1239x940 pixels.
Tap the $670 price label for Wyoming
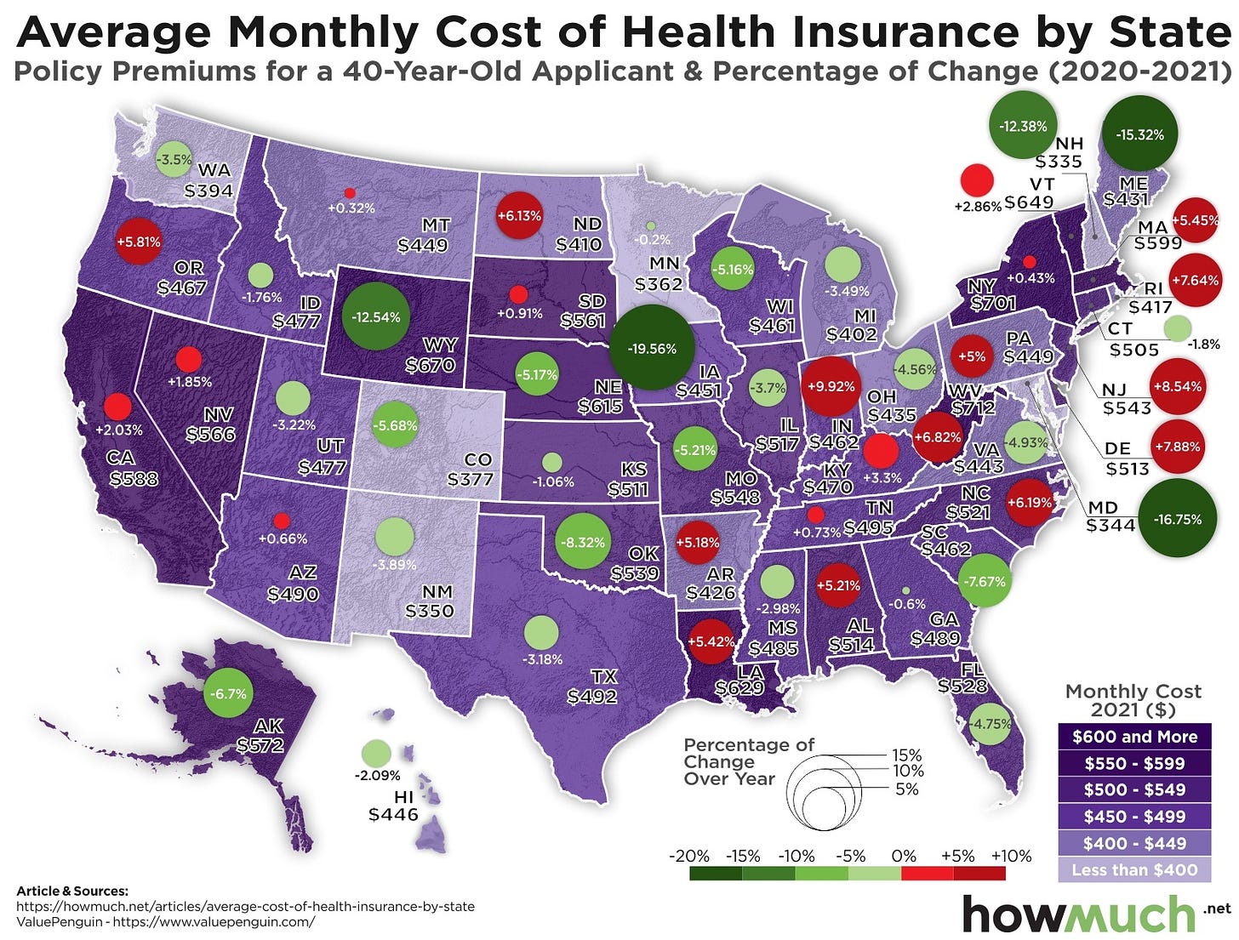pos(431,365)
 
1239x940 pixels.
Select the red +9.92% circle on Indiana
pos(829,386)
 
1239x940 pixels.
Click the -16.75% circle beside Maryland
pos(1178,519)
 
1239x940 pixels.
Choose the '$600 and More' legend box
pos(1133,737)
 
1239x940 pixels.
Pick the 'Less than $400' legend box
pos(1133,869)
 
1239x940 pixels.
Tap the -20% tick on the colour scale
pos(689,856)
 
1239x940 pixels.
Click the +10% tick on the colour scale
pos(1011,856)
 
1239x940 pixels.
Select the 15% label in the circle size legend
pos(905,755)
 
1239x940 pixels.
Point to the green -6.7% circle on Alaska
pos(228,693)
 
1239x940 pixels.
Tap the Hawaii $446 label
pos(393,814)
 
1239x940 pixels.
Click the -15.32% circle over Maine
pos(1139,134)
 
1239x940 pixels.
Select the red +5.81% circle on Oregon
pos(138,241)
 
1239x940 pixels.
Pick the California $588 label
pos(134,478)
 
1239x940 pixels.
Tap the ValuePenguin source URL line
pos(166,921)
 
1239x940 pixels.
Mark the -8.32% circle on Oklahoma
pos(583,542)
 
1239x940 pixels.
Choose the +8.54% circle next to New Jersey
pos(1178,385)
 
